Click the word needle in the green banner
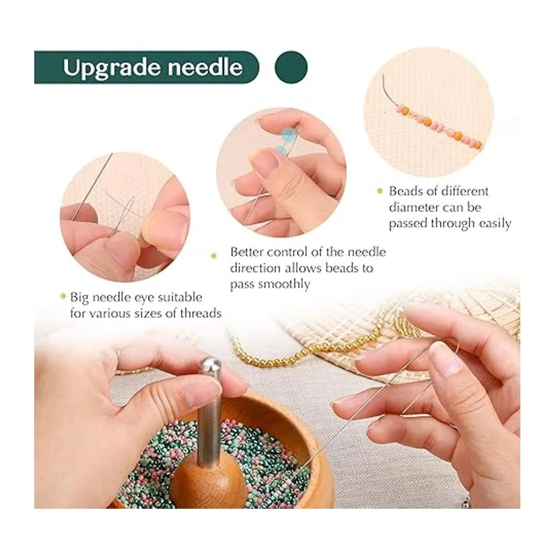(205, 67)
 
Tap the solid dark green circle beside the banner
(291, 67)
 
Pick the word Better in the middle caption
(247, 253)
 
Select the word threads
(200, 314)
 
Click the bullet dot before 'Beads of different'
(380, 191)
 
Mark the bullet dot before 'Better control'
(213, 255)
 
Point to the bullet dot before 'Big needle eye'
(63, 296)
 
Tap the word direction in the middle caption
(255, 268)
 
